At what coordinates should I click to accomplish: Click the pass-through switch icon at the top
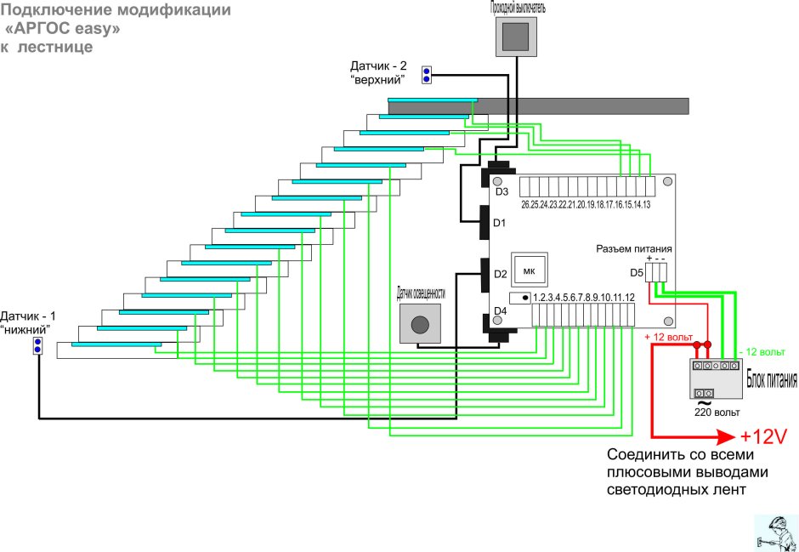(x=517, y=37)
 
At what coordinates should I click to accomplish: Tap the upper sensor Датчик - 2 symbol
(x=427, y=74)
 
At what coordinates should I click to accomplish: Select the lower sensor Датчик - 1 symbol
(x=37, y=345)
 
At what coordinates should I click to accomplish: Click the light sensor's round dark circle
(x=421, y=324)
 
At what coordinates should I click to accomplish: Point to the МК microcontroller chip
(x=530, y=270)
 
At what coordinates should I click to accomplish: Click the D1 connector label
(x=501, y=223)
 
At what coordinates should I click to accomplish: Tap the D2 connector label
(x=501, y=274)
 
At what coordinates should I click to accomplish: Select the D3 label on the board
(x=501, y=192)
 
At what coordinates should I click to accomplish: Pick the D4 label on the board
(x=501, y=311)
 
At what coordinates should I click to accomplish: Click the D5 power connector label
(x=637, y=273)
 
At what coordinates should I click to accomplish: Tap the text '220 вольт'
(x=717, y=412)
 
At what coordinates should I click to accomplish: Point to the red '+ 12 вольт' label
(x=668, y=338)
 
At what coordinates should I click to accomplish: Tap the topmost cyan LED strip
(x=433, y=100)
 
